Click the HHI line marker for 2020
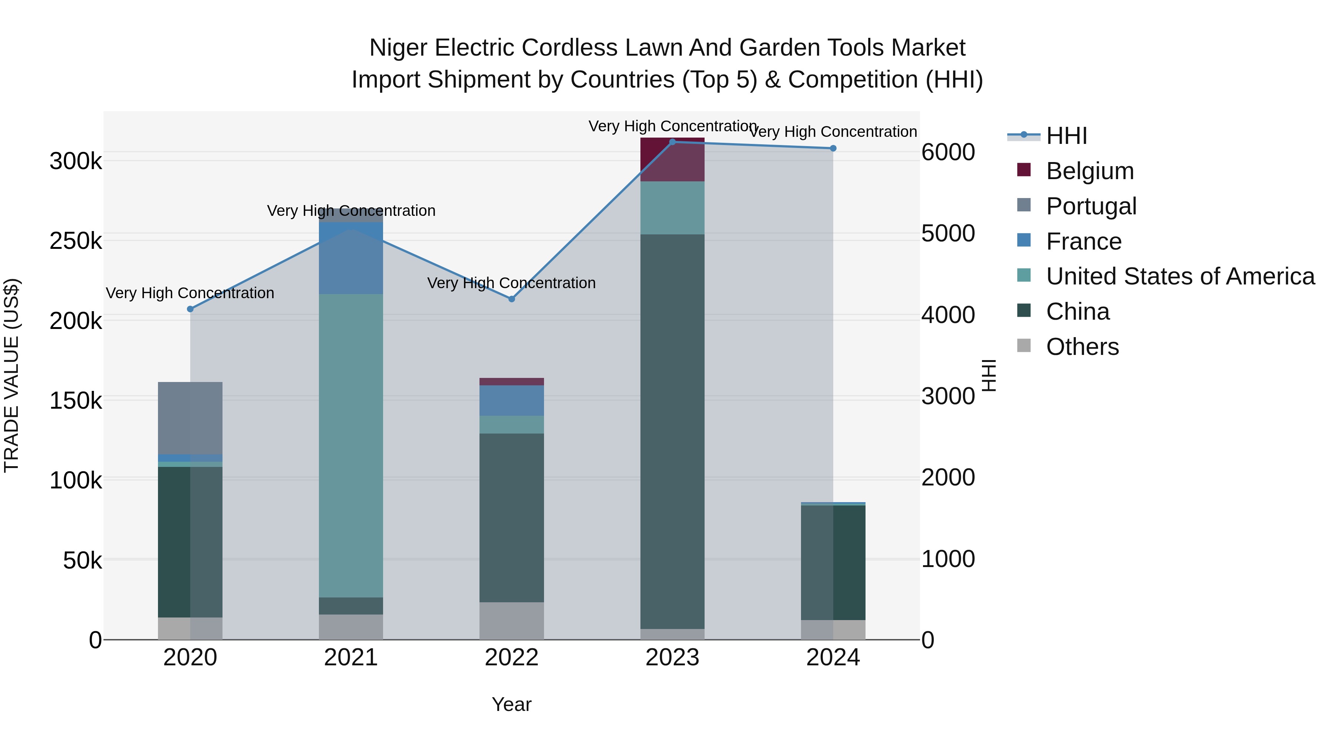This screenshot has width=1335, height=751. [190, 309]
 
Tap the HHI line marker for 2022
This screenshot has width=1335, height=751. [511, 299]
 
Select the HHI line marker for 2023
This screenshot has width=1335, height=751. [672, 142]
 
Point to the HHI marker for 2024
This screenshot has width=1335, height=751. [833, 148]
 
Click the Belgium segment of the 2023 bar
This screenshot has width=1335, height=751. [672, 159]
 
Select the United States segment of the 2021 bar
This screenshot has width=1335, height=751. [351, 446]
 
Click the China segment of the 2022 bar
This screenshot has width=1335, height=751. [511, 517]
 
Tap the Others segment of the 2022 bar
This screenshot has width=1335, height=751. [511, 620]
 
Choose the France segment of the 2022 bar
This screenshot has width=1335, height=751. [511, 400]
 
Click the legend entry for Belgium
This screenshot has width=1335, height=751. [1090, 171]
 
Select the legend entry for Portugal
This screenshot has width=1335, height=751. [1091, 206]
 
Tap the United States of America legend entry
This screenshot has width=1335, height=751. [1180, 276]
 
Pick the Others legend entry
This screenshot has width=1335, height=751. [1082, 347]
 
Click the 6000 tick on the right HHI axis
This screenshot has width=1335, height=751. [948, 152]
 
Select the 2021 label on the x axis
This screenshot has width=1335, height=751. [351, 658]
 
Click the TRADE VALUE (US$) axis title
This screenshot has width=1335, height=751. [11, 375]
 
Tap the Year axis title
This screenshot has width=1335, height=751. [511, 704]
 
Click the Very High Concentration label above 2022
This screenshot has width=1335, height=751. [511, 283]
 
